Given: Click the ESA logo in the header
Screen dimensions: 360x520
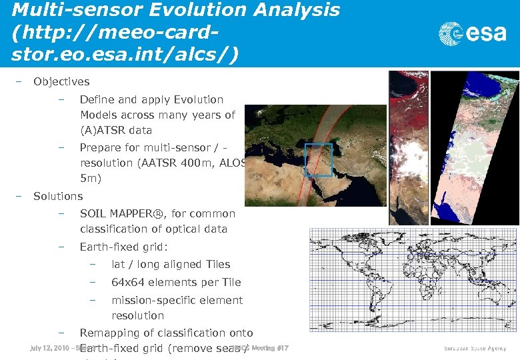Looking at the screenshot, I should click(x=473, y=34).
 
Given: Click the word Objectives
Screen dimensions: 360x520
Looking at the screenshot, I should click(x=61, y=82).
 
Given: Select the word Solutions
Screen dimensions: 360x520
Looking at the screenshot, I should click(x=58, y=196).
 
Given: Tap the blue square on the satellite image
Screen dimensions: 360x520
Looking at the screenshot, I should click(x=318, y=160).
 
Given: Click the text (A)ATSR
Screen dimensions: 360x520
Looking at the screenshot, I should click(x=104, y=131).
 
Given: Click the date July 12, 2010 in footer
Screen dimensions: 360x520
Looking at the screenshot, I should click(x=49, y=348).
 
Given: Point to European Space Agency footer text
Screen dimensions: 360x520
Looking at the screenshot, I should click(x=475, y=349).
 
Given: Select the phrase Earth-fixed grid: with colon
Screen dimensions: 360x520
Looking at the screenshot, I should click(x=119, y=247).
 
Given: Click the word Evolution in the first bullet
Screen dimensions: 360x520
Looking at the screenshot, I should click(x=198, y=100).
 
